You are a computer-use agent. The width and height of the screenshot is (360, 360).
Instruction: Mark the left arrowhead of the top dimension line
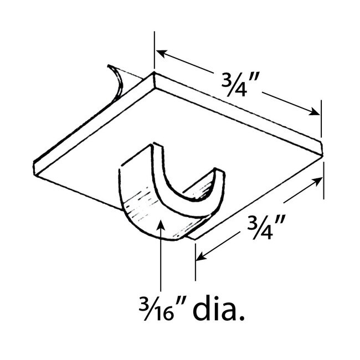160,53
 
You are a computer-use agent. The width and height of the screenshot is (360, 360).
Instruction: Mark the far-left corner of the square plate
34,164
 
